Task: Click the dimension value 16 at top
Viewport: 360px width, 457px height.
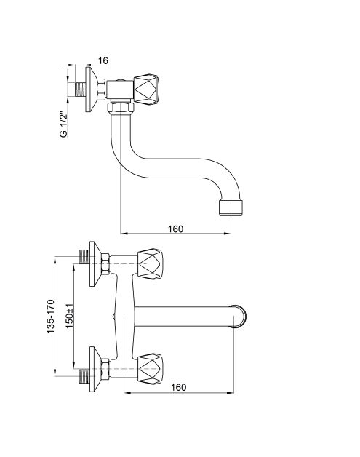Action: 103,60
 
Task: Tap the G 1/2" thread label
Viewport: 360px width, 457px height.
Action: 63,124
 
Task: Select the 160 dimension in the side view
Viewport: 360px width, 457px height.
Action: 175,228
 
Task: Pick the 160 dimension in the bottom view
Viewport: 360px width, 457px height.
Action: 178,387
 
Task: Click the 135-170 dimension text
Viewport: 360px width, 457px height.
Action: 51,317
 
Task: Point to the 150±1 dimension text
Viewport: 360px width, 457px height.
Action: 70,317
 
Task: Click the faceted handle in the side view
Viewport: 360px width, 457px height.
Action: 146,90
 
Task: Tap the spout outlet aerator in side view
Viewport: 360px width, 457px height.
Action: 231,207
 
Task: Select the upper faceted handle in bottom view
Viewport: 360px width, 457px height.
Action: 150,264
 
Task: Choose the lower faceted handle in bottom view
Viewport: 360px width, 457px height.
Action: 150,369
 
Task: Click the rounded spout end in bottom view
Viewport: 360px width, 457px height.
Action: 240,317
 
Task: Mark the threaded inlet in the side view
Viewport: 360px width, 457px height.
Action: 80,90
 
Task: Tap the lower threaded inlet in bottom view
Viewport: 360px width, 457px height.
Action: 84,376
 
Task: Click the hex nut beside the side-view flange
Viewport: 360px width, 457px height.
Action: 101,90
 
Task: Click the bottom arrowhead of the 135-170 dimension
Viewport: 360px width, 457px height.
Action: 55,373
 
